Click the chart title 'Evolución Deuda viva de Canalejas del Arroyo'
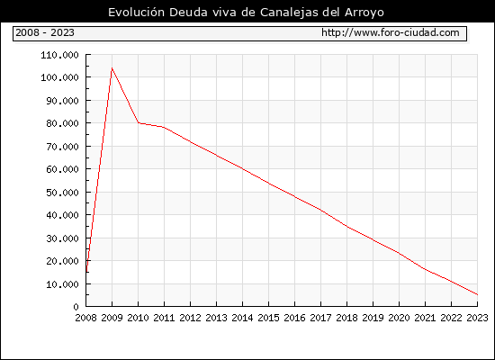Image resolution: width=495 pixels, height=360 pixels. [x=246, y=13]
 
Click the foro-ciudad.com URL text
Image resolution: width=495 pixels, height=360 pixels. [x=391, y=32]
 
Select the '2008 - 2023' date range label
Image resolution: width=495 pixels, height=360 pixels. [x=45, y=32]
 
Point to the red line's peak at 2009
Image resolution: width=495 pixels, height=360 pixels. [x=112, y=67]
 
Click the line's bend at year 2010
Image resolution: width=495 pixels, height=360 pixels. [x=139, y=122]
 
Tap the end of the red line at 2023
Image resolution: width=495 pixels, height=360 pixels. [x=477, y=294]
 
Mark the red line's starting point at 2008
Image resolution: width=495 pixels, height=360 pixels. [x=86, y=272]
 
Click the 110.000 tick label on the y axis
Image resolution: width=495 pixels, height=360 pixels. [x=59, y=55]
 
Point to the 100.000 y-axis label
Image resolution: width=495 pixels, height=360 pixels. [x=59, y=77]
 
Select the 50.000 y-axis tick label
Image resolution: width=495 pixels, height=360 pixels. [x=62, y=193]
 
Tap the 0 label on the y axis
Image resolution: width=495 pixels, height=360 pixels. [x=76, y=307]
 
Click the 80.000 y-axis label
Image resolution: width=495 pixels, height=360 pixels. [x=62, y=123]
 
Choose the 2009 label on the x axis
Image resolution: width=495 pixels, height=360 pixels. [x=112, y=318]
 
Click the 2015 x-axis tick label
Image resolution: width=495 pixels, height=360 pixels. [x=269, y=318]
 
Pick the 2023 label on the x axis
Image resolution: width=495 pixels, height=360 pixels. [x=477, y=318]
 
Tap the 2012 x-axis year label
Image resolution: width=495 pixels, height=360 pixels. [x=191, y=318]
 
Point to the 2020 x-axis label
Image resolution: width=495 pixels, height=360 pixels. [x=399, y=318]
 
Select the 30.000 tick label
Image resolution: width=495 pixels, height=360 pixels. [x=62, y=238]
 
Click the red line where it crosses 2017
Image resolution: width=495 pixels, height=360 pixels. [x=320, y=210]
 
